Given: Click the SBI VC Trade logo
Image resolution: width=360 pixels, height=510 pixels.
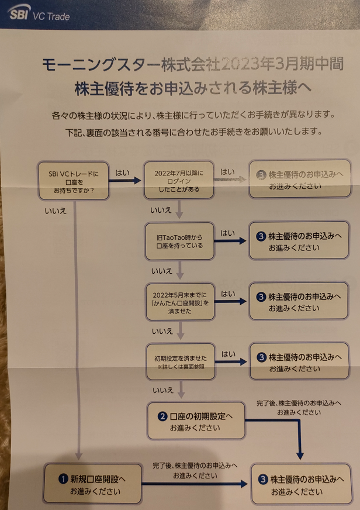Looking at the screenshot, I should point(40,14).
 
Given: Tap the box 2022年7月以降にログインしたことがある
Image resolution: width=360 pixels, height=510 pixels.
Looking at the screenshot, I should point(180,181).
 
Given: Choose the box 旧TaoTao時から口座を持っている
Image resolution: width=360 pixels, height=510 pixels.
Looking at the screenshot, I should point(180,242).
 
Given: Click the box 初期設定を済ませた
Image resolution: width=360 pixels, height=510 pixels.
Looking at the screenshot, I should point(180,361).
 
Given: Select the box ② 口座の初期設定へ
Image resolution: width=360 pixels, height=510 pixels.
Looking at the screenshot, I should point(196,421).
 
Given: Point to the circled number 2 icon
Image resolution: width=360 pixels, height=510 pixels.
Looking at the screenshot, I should point(163,416).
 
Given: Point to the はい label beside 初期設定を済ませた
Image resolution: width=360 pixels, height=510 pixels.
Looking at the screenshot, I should point(229,354).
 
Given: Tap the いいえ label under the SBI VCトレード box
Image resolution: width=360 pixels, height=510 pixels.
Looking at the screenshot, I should point(55,208).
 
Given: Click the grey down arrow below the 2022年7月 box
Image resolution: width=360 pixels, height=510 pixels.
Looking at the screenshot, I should point(180,209).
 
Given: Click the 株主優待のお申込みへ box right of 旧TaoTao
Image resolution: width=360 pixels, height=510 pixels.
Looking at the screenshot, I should point(299,241).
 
